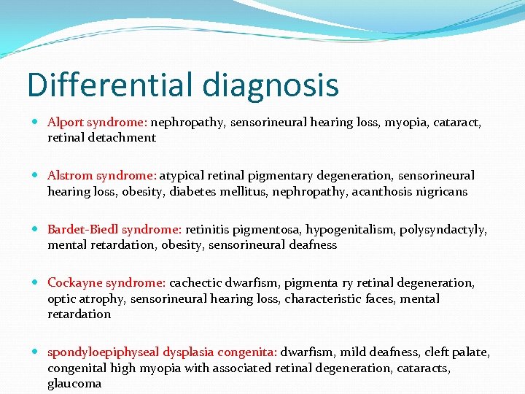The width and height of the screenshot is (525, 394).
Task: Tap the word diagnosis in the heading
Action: [271, 86]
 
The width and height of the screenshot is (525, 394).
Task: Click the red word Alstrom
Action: [69, 176]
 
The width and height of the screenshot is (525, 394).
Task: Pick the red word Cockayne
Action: [74, 282]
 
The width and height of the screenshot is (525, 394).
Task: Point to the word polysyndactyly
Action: [443, 229]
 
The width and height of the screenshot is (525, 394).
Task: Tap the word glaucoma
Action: [74, 384]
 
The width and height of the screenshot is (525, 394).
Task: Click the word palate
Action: [465, 352]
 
